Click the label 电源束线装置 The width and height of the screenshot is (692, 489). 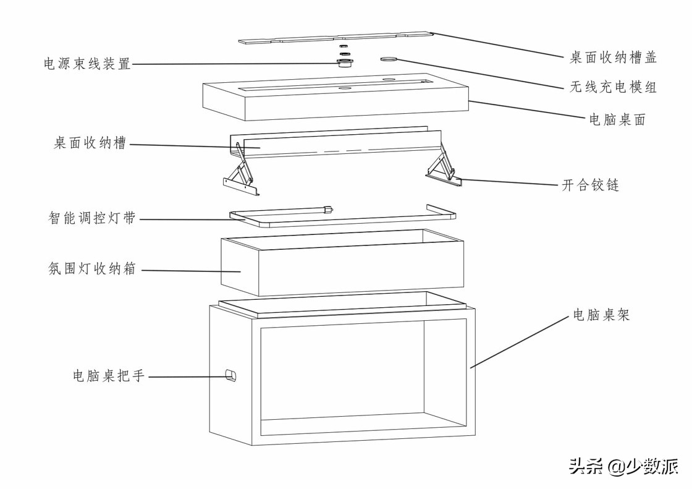87,64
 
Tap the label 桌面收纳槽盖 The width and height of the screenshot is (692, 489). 613,57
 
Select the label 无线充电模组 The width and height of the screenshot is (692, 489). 613,87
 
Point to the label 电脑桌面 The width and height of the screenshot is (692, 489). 617,119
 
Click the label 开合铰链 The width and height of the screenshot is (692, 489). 590,185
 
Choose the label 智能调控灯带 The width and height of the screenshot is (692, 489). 92,218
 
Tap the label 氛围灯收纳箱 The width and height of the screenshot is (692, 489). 92,268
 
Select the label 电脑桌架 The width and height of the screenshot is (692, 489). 601,315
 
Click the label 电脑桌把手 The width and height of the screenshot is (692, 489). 109,375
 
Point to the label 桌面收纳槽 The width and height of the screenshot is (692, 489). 90,143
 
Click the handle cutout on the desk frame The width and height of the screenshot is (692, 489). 230,375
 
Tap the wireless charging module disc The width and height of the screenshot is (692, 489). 389,58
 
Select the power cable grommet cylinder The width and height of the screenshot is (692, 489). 345,62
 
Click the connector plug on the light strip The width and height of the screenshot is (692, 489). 328,210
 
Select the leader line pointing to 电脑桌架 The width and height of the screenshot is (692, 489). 520,341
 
